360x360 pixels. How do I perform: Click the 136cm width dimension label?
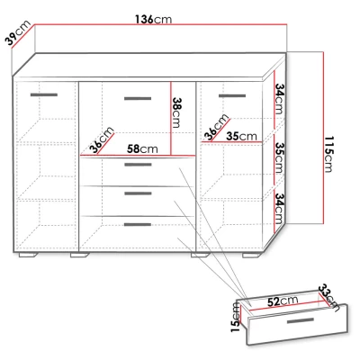coord(154,20)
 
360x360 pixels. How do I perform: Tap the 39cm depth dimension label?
coord(18,33)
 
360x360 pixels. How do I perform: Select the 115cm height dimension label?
coord(329,154)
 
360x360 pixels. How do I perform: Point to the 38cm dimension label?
coord(176,112)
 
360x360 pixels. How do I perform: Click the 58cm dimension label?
coord(142,148)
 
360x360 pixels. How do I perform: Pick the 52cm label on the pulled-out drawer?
coord(283,301)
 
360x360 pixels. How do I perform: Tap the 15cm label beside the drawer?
coord(236,317)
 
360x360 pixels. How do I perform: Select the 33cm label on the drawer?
coord(328,298)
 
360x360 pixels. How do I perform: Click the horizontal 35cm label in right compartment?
coord(241,136)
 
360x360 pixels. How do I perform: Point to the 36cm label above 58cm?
coord(102,140)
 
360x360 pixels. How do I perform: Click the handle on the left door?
coord(44,95)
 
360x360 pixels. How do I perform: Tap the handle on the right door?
coord(232,96)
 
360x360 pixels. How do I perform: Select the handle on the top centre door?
coord(138,98)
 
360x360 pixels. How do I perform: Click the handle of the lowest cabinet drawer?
coord(138,224)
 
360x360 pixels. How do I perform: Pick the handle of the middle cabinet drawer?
coord(138,193)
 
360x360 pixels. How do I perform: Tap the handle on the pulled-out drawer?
coord(301,320)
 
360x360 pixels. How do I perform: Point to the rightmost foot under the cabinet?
coord(252,256)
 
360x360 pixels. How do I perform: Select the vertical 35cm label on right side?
coord(279,157)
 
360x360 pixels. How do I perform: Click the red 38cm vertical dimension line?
coord(171,119)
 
